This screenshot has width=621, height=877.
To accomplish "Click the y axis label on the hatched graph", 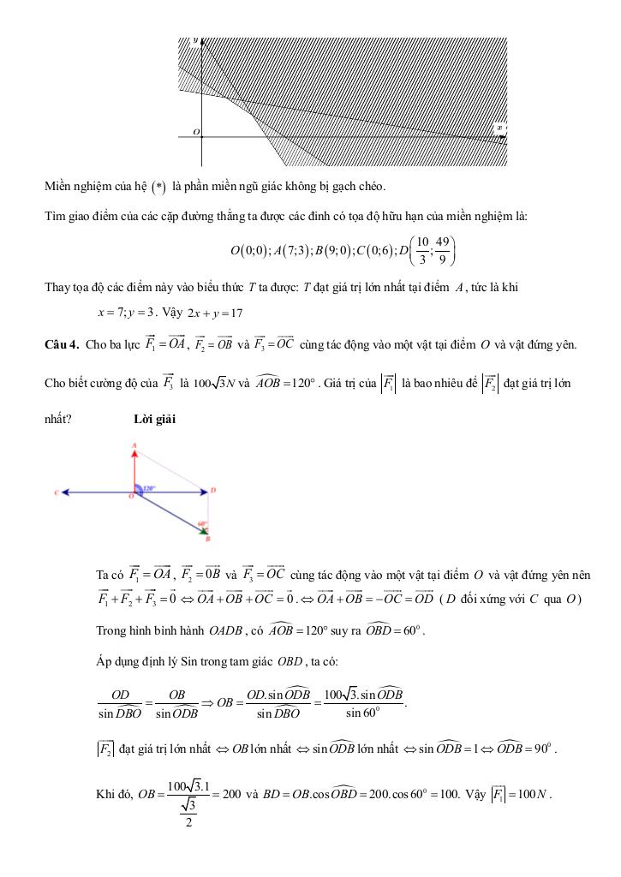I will click(195, 41).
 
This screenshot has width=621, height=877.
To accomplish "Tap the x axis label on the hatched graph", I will click(499, 128).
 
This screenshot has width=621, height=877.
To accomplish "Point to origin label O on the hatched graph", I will click(196, 131).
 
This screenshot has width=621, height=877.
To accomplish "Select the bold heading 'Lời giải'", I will click(155, 419).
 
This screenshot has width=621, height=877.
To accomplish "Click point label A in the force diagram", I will click(134, 446).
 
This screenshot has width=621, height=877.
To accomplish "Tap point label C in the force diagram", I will click(55, 492).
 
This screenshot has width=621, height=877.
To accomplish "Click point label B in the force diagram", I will click(208, 539).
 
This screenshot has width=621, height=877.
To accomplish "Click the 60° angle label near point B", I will click(202, 524).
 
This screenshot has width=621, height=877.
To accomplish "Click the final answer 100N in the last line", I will click(536, 793).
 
